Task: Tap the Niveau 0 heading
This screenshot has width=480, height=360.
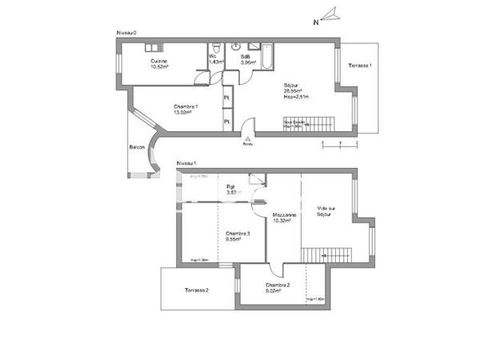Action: coord(127,33)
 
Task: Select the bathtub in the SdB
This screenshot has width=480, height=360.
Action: coord(266,55)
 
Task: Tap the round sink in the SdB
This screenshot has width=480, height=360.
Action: coord(236,46)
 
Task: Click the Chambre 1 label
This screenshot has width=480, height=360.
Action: coord(186,109)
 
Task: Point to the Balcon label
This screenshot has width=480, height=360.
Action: coord(137,147)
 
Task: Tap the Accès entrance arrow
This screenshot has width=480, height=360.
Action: coord(248,139)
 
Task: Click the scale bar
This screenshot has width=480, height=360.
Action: coord(339,144)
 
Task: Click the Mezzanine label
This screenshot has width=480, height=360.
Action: coord(285,218)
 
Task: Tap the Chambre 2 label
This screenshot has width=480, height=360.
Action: coord(277,287)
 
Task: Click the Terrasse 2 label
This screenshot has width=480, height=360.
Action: coord(196,290)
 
